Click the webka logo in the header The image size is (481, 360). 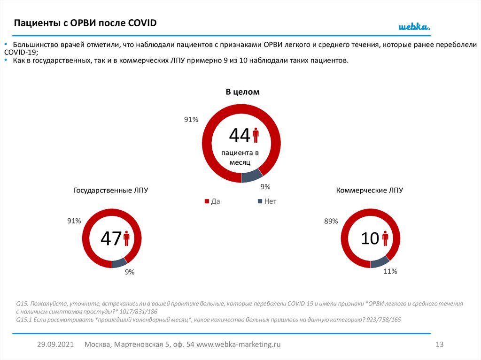[x=414, y=27]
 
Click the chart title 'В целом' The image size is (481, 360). [x=242, y=92]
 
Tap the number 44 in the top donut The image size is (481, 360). [x=240, y=136]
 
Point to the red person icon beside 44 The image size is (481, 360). [x=256, y=135]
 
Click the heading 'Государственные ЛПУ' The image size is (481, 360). [x=111, y=191]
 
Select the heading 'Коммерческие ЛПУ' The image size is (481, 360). [x=370, y=191]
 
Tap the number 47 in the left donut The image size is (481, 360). [x=111, y=239]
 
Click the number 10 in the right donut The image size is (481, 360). [x=370, y=239]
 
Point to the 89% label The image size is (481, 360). [x=331, y=221]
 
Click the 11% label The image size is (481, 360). [x=390, y=271]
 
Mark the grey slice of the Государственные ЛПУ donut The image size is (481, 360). [x=119, y=263]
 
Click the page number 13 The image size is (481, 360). [x=440, y=345]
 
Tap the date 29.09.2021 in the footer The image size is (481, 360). [x=56, y=345]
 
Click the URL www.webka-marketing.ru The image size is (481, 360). [x=239, y=345]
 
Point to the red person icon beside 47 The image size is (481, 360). [x=126, y=238]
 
